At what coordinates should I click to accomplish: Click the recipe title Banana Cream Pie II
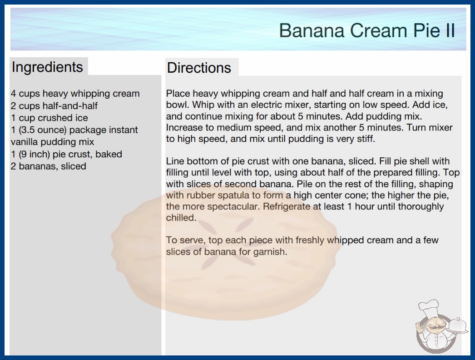pos(367,30)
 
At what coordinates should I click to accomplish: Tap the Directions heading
pos(199,68)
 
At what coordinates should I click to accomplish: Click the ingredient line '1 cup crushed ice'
pos(49,118)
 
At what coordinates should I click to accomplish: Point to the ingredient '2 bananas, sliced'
pos(49,166)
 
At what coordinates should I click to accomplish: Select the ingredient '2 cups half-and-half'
pos(54,105)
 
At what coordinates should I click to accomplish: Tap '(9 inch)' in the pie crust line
pos(34,154)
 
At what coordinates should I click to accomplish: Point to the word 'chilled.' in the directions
pos(181,218)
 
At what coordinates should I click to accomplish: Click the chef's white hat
pos(429,308)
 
